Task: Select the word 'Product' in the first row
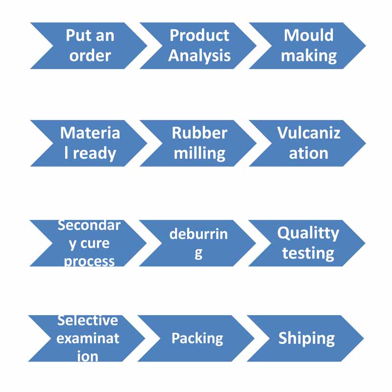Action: click(x=199, y=35)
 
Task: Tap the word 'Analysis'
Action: click(x=199, y=55)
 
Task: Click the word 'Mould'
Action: click(x=309, y=35)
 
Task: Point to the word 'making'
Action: click(x=309, y=56)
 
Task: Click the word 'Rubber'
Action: click(x=199, y=133)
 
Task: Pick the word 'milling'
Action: click(x=199, y=153)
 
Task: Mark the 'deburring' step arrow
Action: click(x=198, y=243)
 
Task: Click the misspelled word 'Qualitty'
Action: click(x=308, y=233)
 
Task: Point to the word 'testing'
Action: click(x=308, y=253)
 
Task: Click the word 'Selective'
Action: click(x=88, y=321)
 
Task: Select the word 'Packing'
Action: click(x=197, y=338)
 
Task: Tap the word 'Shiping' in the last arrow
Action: click(x=307, y=338)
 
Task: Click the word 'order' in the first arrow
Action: click(x=90, y=55)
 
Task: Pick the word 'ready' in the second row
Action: click(x=94, y=153)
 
